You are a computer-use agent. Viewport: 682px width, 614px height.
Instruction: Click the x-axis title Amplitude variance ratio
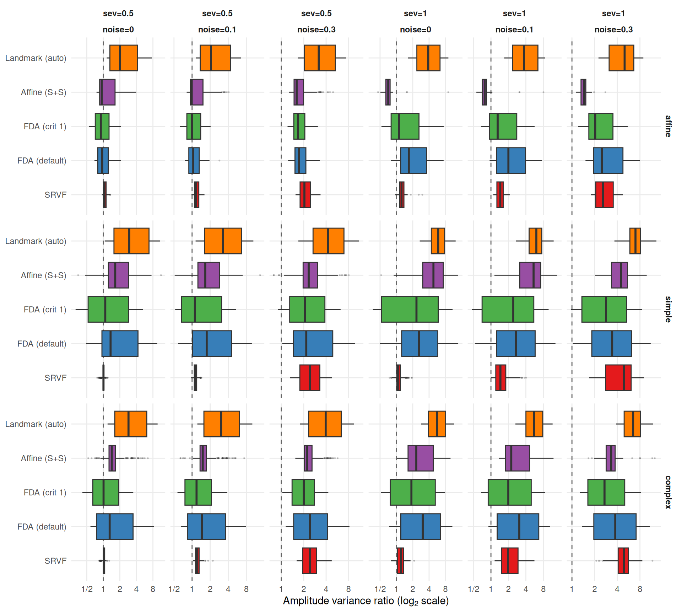point(366,601)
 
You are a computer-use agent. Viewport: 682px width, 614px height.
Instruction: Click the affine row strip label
point(668,126)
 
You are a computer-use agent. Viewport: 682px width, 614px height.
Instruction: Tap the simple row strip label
point(668,309)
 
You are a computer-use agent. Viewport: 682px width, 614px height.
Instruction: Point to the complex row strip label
point(668,492)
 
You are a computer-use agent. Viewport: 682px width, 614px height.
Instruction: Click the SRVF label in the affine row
point(55,195)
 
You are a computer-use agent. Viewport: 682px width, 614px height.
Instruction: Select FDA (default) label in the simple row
point(42,344)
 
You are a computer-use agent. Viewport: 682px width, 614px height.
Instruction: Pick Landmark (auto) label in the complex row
point(36,424)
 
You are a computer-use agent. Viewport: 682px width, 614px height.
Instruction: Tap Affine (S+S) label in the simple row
point(44,275)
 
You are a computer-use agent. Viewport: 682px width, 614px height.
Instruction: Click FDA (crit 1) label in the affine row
point(45,126)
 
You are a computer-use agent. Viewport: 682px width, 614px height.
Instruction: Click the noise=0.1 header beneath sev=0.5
point(217,29)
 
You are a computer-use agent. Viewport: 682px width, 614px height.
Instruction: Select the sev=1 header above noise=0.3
point(613,14)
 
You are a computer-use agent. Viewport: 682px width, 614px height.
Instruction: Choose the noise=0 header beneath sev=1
point(415,29)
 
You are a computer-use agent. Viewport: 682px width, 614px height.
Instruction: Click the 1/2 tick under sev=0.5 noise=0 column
point(87,589)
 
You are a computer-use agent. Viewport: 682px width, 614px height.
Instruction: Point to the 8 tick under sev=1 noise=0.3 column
point(640,589)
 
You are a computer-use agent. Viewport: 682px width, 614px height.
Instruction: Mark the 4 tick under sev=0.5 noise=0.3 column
point(326,589)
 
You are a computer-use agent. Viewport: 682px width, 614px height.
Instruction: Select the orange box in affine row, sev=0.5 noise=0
point(124,58)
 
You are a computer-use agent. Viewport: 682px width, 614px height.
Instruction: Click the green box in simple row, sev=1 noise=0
point(410,309)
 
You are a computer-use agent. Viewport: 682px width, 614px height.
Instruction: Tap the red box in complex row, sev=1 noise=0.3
point(623,561)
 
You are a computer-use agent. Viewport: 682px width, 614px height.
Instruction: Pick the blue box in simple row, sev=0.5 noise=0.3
point(313,344)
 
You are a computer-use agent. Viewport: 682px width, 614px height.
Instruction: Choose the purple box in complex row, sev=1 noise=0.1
point(517,458)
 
